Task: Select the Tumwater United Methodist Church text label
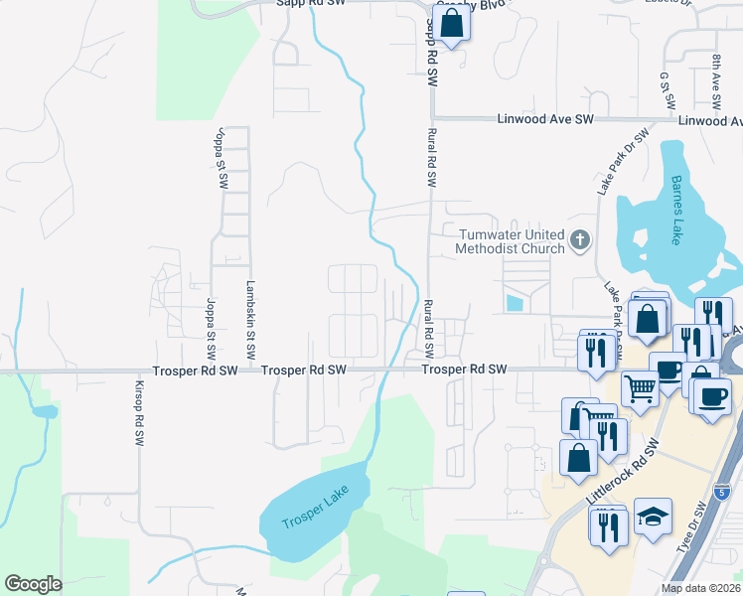[x=511, y=240]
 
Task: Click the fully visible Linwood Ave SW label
[x=544, y=119]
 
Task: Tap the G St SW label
[x=668, y=90]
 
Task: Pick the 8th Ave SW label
[x=715, y=80]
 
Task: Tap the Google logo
[x=34, y=584]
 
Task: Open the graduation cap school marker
[x=653, y=518]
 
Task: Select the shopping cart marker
[x=641, y=388]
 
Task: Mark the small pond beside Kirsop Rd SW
[x=44, y=411]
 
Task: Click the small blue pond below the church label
[x=513, y=301]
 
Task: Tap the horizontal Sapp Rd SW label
[x=308, y=4]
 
